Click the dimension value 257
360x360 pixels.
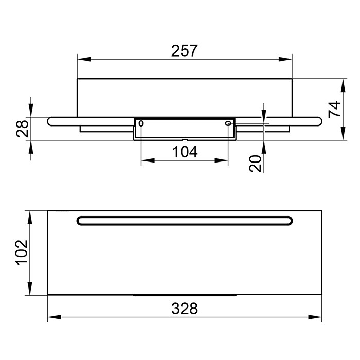[184, 51]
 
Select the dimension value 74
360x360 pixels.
[334, 109]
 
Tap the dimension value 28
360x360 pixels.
[23, 129]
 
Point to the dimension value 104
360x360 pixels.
[185, 152]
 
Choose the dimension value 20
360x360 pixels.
[255, 164]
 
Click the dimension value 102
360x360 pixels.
[22, 253]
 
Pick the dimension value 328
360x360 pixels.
[185, 309]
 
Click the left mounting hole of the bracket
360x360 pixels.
[141, 123]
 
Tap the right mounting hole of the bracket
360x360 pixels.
[228, 123]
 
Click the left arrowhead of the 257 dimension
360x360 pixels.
[84, 59]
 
